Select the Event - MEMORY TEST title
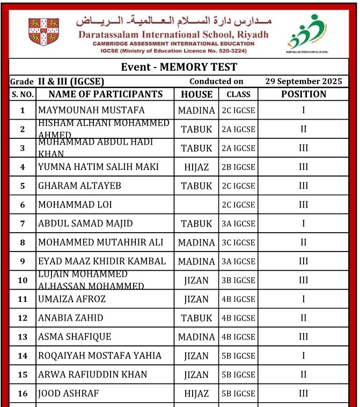(x=179, y=67)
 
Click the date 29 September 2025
(x=303, y=82)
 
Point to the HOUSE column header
(x=196, y=94)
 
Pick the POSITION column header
(x=303, y=94)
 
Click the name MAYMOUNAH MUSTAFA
(x=91, y=110)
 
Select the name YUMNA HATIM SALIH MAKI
(x=98, y=167)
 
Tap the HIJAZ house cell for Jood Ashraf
(x=196, y=394)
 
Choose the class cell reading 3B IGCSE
(x=238, y=280)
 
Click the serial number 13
(x=23, y=337)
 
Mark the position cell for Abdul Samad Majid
(x=303, y=224)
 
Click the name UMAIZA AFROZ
(x=72, y=299)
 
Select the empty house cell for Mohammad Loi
(x=196, y=205)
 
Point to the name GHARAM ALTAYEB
(x=79, y=186)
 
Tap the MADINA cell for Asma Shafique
(x=196, y=337)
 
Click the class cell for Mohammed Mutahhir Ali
(x=238, y=243)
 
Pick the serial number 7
(x=23, y=224)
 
